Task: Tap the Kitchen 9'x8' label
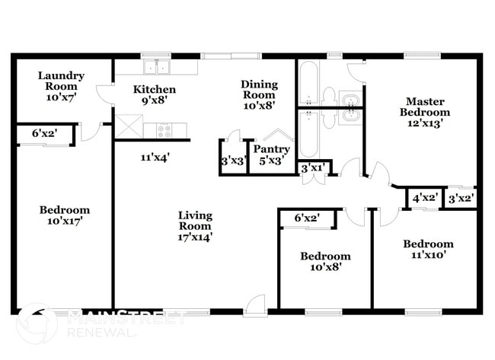pyautogui.click(x=155, y=94)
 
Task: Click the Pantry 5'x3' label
pyautogui.click(x=271, y=155)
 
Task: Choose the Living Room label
pyautogui.click(x=196, y=225)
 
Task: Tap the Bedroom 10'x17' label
pyautogui.click(x=64, y=215)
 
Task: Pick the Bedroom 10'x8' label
pyautogui.click(x=325, y=262)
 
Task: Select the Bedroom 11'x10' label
pyautogui.click(x=428, y=250)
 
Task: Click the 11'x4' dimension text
pyautogui.click(x=155, y=158)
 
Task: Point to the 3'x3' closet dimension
pyautogui.click(x=232, y=161)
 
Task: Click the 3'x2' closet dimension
pyautogui.click(x=461, y=198)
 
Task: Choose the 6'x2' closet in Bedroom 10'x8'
pyautogui.click(x=307, y=218)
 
